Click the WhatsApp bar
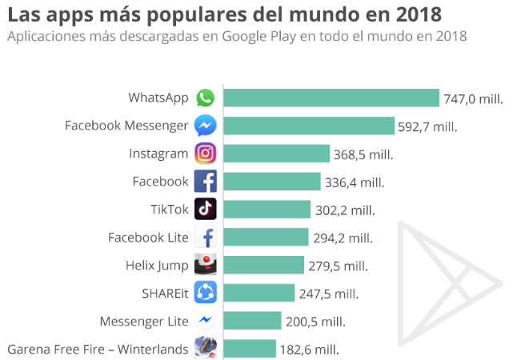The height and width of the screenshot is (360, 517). point(331,98)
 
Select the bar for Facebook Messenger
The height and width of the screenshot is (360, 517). point(308,126)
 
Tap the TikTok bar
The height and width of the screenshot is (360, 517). point(267,210)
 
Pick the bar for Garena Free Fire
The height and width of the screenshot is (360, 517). point(249,349)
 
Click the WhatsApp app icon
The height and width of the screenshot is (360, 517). point(206,98)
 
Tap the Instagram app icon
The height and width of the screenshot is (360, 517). point(206,154)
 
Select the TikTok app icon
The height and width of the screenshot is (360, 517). point(206,210)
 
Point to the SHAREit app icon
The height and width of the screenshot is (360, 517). point(206,293)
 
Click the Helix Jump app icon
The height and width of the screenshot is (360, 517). point(206,265)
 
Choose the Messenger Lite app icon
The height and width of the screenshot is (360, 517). point(206,321)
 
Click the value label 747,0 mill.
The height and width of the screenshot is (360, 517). point(474,98)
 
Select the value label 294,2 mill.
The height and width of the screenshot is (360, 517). point(342,238)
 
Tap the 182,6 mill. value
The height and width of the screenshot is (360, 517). point(309,349)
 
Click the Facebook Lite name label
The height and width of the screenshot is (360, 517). point(148,238)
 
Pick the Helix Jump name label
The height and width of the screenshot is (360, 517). point(157,266)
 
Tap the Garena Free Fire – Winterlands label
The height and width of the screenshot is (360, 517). point(98,349)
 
